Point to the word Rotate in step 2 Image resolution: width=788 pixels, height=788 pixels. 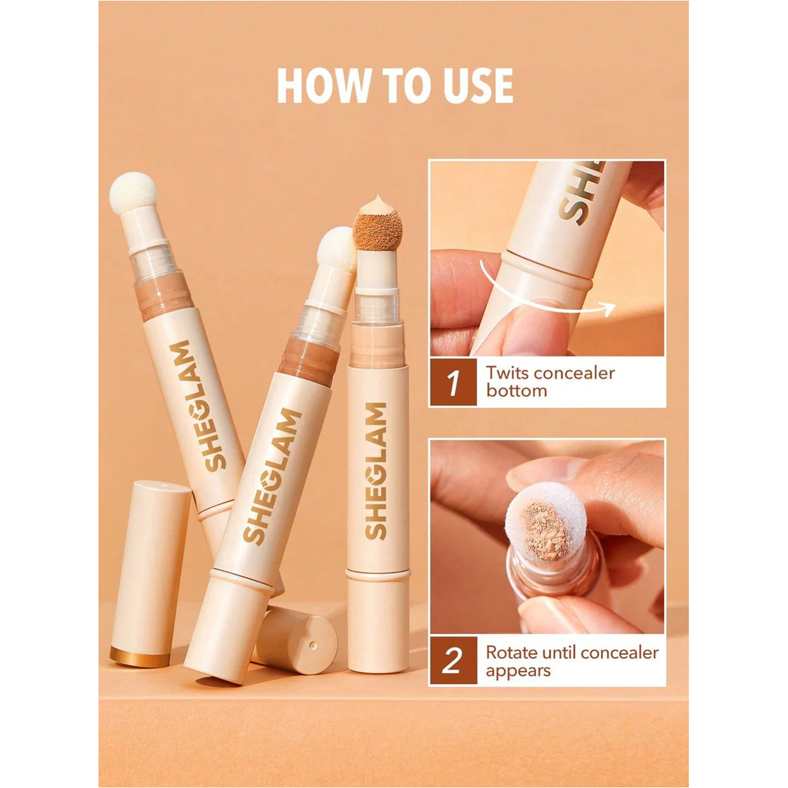pos(512,653)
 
